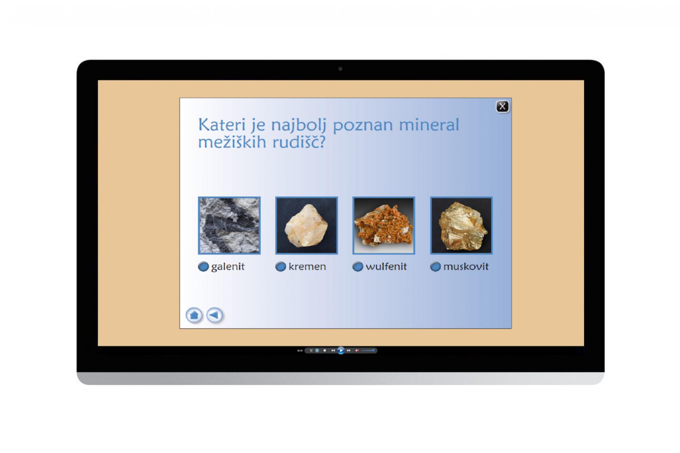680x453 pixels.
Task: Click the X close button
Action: coord(502,106)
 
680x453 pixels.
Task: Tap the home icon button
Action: coord(194,315)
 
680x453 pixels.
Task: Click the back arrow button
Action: coord(215,315)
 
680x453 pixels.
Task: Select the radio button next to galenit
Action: coord(203,267)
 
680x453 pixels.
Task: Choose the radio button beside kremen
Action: coord(280,267)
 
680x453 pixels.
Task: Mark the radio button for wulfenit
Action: coord(358,267)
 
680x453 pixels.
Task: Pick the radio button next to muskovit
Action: coord(435,267)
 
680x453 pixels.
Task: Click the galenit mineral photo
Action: coord(229,226)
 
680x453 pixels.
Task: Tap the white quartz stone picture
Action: coord(307,226)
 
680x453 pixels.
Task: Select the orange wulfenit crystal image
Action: coord(384,226)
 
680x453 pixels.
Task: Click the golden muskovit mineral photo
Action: coord(462,226)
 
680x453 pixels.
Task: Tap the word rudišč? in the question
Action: coord(299,142)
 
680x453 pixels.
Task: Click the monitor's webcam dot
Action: coord(340,69)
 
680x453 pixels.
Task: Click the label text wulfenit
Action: coord(386,266)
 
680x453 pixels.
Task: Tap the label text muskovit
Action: coord(466,266)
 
